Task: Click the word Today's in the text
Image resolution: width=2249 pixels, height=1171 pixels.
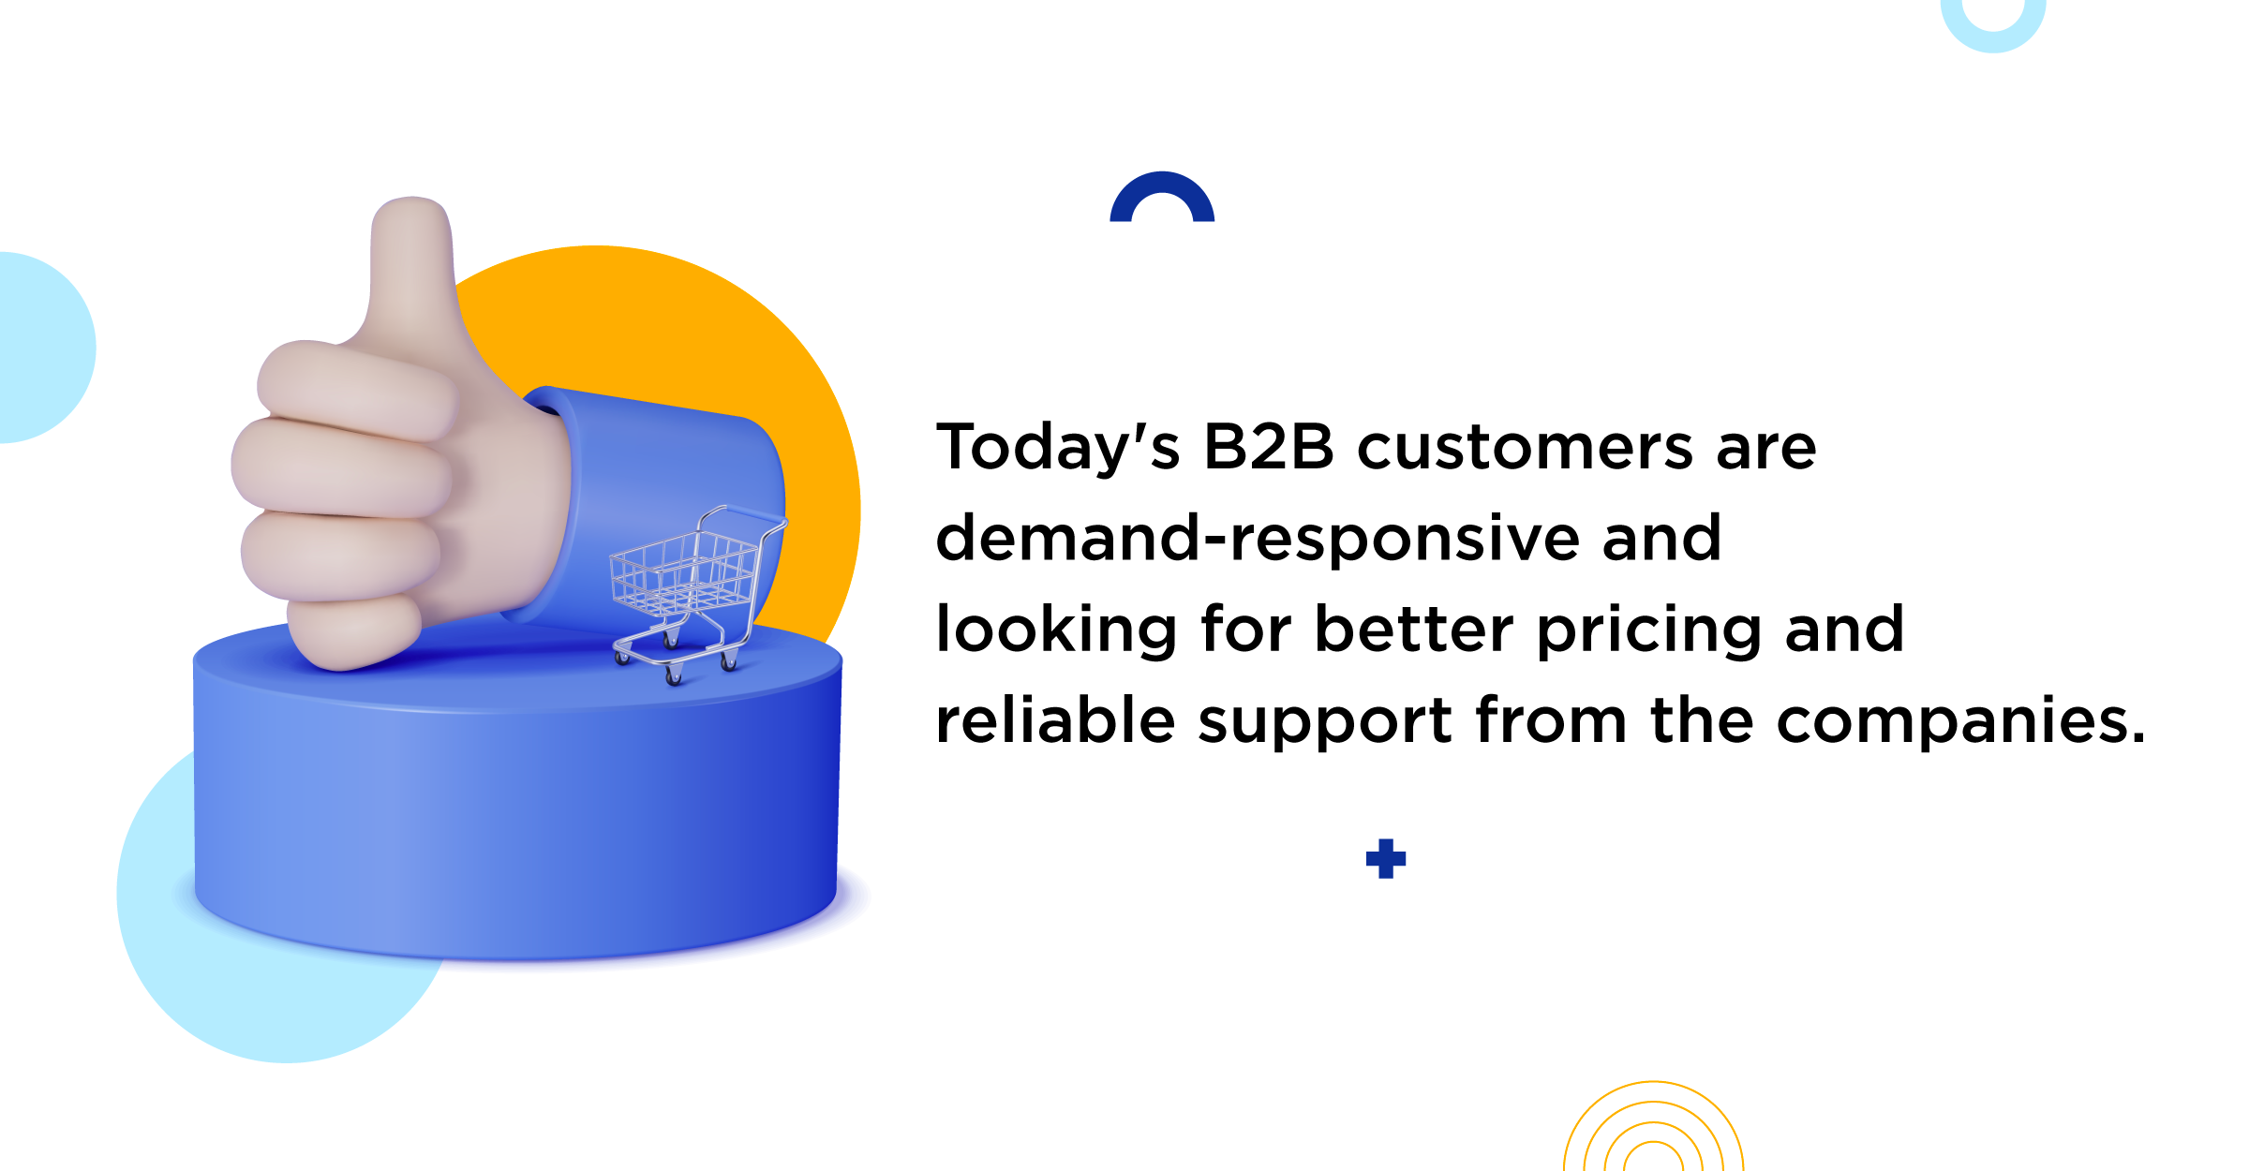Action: tap(1058, 448)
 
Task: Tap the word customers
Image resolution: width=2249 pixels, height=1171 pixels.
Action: tap(1526, 448)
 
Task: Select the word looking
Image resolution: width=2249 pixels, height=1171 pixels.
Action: tap(1056, 630)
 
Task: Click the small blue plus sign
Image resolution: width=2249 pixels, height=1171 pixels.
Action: tap(1386, 859)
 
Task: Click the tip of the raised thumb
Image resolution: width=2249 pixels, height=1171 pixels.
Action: tap(412, 200)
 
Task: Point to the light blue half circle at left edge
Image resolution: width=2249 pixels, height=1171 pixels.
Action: tap(47, 348)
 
